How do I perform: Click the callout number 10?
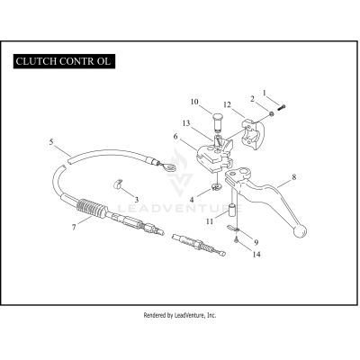pyautogui.click(x=194, y=102)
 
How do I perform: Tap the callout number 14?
pyautogui.click(x=256, y=255)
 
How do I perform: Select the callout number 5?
pyautogui.click(x=51, y=142)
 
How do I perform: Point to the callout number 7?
pyautogui.click(x=74, y=227)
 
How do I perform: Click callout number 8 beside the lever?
pyautogui.click(x=294, y=177)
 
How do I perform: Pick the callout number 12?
pyautogui.click(x=228, y=104)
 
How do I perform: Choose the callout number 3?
pyautogui.click(x=136, y=199)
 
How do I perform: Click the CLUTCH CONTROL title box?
pyautogui.click(x=64, y=61)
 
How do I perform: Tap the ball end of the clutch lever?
pyautogui.click(x=300, y=231)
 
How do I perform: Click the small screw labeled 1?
pyautogui.click(x=282, y=107)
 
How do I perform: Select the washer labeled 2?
pyautogui.click(x=271, y=113)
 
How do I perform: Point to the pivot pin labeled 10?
pyautogui.click(x=218, y=121)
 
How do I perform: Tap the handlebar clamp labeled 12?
pyautogui.click(x=254, y=135)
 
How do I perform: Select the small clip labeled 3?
pyautogui.click(x=118, y=184)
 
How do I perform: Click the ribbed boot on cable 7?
pyautogui.click(x=92, y=207)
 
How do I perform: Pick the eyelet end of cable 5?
pyautogui.click(x=167, y=166)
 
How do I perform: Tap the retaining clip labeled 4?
pyautogui.click(x=216, y=187)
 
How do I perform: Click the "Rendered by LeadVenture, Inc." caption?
pyautogui.click(x=180, y=315)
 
